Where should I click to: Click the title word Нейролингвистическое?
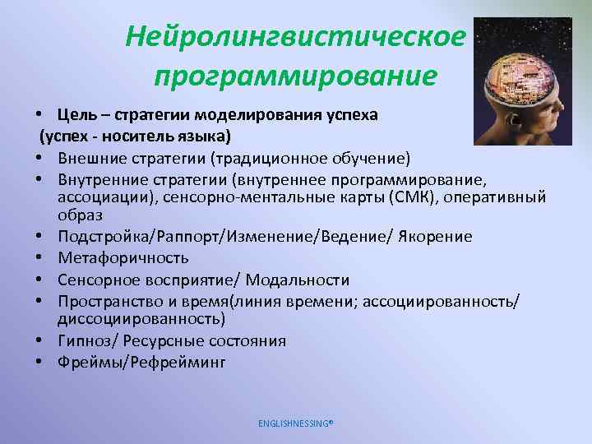(295, 37)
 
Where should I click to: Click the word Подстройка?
(100, 237)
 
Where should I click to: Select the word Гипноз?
(81, 340)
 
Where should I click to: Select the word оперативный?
(498, 198)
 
